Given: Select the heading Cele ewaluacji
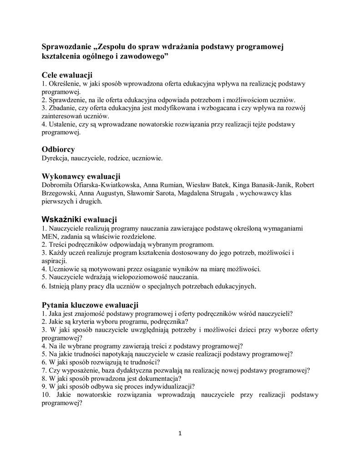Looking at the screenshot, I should click(67, 75).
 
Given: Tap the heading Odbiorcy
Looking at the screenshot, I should click(58, 149).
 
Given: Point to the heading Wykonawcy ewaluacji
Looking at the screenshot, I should click(81, 176).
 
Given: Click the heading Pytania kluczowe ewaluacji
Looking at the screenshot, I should click(90, 304).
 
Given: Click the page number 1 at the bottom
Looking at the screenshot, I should click(180, 433).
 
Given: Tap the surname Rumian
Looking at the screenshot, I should click(170, 185).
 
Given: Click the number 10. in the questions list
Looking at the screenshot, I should click(46, 395).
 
